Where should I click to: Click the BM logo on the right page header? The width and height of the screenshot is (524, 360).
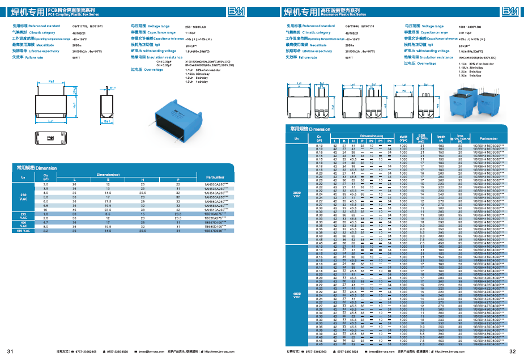pyautogui.click(x=510, y=11)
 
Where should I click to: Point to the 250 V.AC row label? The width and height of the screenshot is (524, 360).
pyautogui.click(x=24, y=197)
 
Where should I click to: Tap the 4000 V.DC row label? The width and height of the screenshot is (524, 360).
pyautogui.click(x=296, y=295)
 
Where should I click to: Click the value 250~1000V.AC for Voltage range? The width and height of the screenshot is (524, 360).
pyautogui.click(x=196, y=27)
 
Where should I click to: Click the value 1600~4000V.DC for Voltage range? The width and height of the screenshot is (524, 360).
pyautogui.click(x=470, y=27)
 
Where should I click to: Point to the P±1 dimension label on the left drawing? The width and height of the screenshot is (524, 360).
pyautogui.click(x=50, y=82)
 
